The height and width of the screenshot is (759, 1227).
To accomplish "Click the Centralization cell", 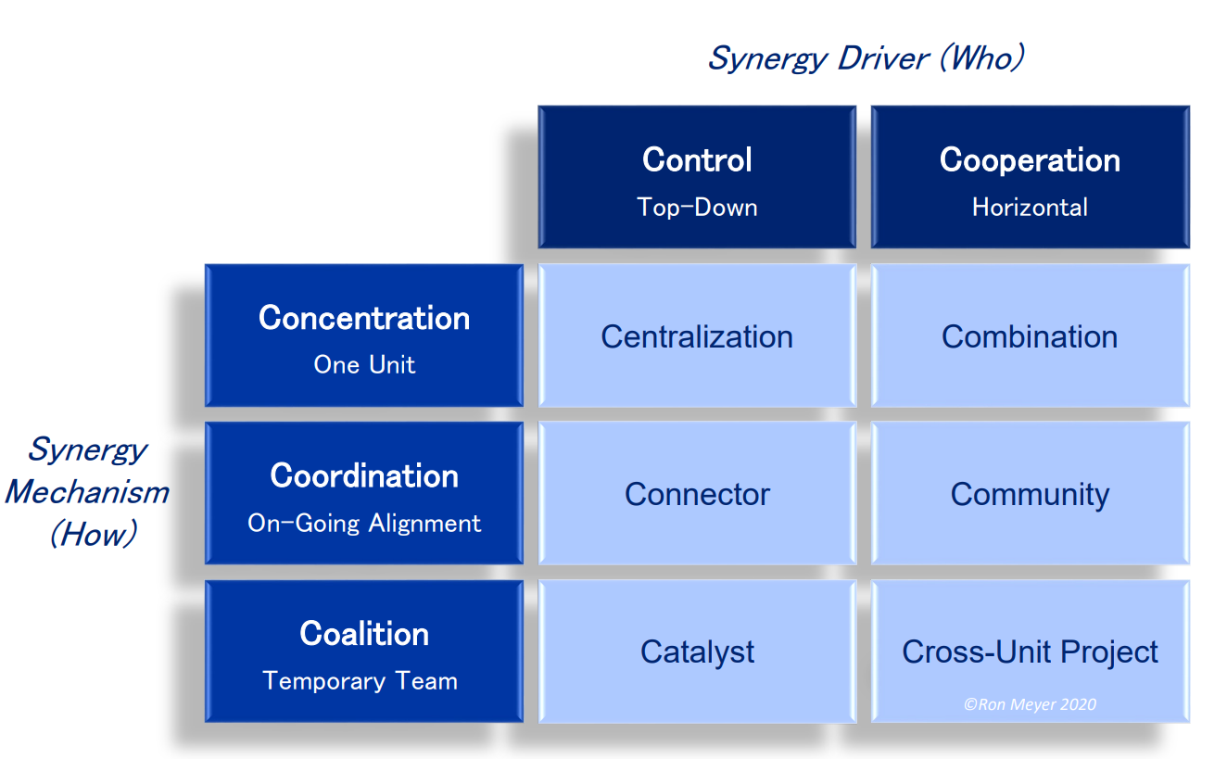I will click(x=696, y=336).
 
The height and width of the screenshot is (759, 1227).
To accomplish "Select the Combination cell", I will click(x=1030, y=336).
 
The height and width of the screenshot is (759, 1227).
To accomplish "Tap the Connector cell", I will click(x=696, y=494).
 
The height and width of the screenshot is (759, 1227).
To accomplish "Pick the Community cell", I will click(x=1030, y=494).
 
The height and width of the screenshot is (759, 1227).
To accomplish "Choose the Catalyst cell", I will click(x=696, y=651).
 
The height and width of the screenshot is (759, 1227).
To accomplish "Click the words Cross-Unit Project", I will click(x=1030, y=651).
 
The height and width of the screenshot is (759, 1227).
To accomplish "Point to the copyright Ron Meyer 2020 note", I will click(x=1030, y=704).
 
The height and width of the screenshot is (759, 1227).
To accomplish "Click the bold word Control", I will click(x=697, y=159).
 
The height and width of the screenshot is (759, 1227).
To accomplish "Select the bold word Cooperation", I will click(x=1030, y=159).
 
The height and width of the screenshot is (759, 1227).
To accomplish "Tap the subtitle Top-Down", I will click(x=697, y=207).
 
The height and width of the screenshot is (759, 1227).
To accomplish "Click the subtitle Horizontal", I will click(x=1030, y=207).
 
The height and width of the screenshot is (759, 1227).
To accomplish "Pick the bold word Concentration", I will click(x=364, y=318).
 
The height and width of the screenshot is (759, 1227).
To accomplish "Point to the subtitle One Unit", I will click(x=364, y=364).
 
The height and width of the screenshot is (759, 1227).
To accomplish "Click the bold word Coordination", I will click(x=364, y=475).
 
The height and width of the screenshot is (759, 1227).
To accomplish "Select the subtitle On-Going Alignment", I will click(x=364, y=523).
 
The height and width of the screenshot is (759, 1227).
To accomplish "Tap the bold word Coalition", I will click(x=364, y=634).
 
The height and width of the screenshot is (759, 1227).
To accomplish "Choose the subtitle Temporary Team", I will click(x=361, y=681).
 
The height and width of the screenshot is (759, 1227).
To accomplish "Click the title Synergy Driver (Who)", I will click(x=866, y=58).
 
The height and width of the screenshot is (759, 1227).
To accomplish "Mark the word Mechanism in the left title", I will click(x=87, y=491).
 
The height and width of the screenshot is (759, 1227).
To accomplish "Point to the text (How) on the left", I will click(x=93, y=534).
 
